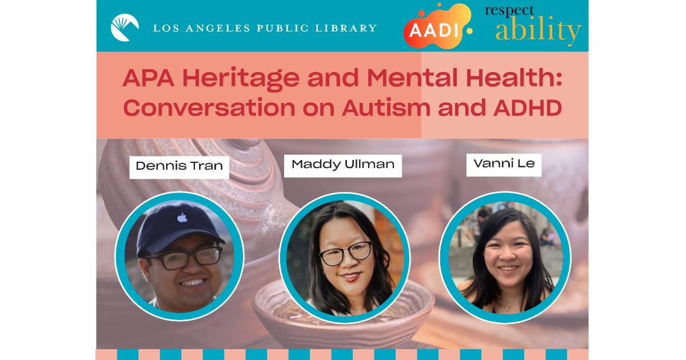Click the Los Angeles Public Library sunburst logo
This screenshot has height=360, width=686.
[x=125, y=27]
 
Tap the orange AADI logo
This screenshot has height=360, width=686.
[x=435, y=27]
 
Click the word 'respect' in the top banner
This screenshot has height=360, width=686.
[x=509, y=11]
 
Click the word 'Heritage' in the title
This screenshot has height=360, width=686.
[x=241, y=78]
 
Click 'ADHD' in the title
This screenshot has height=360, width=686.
[x=527, y=108]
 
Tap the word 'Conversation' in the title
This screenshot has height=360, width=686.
[x=209, y=108]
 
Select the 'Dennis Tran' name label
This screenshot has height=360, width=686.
[x=179, y=167]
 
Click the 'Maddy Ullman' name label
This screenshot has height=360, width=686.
[x=342, y=166]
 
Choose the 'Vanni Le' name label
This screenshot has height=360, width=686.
[x=504, y=165]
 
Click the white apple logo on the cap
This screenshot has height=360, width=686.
[x=182, y=218]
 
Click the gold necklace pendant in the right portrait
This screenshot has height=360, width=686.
[x=508, y=308]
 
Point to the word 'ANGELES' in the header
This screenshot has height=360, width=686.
[x=217, y=28]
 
